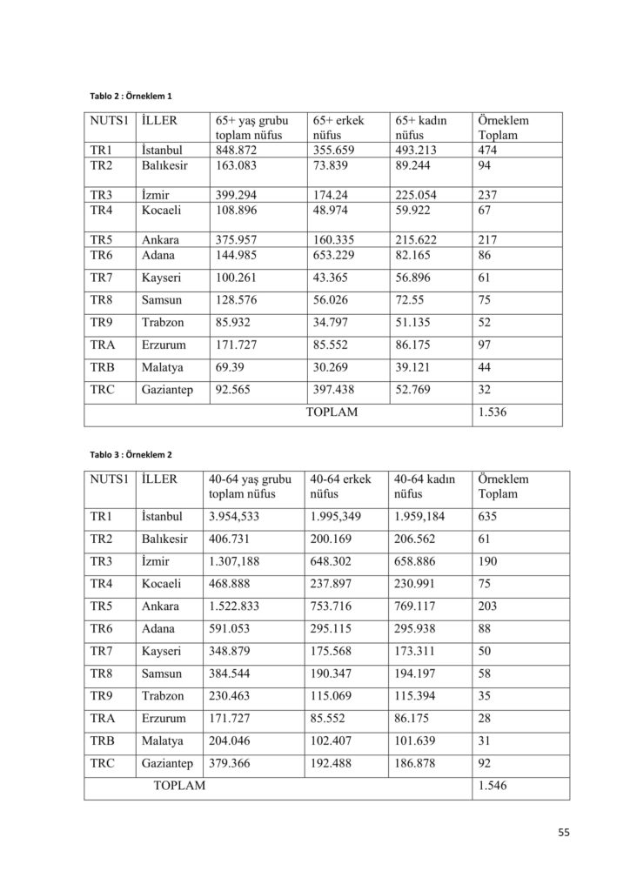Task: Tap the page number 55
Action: (x=564, y=833)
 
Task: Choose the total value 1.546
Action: (x=492, y=786)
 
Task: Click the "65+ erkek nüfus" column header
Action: (x=337, y=128)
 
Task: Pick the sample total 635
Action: (x=488, y=518)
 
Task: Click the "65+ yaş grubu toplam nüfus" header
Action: (x=252, y=128)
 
